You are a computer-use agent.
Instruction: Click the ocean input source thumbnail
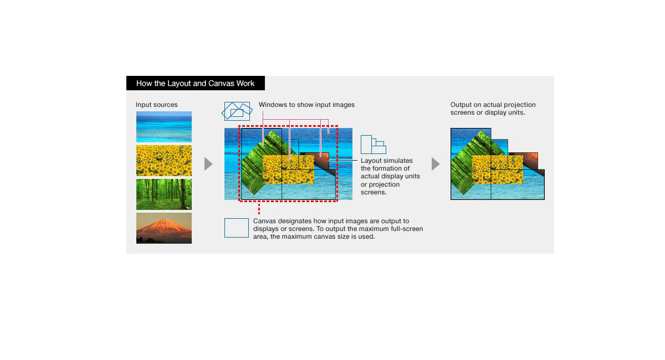click(x=164, y=127)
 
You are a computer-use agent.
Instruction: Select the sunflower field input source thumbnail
click(x=164, y=161)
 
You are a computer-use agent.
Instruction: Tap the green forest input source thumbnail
click(x=164, y=194)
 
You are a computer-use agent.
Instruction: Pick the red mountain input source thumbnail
click(x=164, y=228)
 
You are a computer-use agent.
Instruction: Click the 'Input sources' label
click(x=157, y=105)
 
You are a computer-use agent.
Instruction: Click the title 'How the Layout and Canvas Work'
click(x=195, y=84)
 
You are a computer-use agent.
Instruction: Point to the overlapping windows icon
click(x=237, y=111)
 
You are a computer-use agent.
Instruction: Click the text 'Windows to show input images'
click(x=306, y=105)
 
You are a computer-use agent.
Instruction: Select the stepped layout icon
click(x=374, y=145)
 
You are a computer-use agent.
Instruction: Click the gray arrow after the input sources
click(x=208, y=164)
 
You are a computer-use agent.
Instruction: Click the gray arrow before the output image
click(x=436, y=164)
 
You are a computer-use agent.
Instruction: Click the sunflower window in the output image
click(x=498, y=170)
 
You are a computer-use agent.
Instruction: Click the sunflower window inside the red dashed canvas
click(x=288, y=169)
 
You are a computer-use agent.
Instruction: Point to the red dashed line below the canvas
click(x=259, y=208)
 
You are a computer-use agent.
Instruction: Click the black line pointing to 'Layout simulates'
click(x=343, y=160)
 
